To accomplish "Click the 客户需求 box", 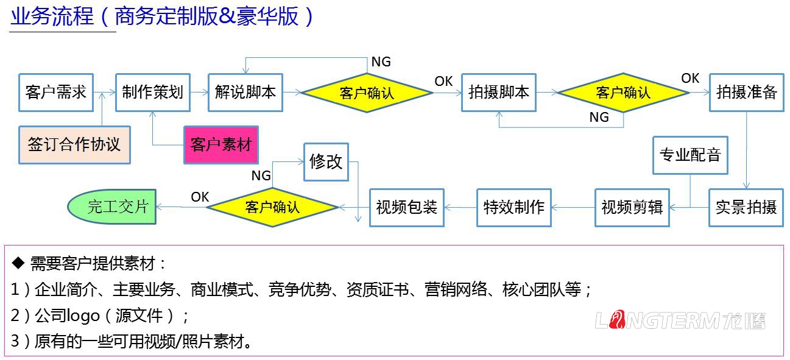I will tap(55, 93).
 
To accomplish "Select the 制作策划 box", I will tap(152, 93).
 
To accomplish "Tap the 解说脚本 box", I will tap(245, 93).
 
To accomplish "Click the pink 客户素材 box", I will tap(221, 145).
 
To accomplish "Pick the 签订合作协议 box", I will tap(74, 145).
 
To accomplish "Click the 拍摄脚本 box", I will tap(498, 93).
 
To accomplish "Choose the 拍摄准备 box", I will tap(746, 93).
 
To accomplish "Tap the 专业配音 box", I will tap(690, 155).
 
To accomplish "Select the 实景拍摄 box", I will tap(746, 208).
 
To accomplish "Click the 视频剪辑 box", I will tap(632, 208).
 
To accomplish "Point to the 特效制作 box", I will tap(513, 208).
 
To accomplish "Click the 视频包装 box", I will tap(406, 208).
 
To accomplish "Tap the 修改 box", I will tap(326, 162).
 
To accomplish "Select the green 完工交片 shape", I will tap(111, 206).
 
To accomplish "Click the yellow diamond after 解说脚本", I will tap(367, 93).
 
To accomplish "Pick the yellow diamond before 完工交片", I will tap(272, 207).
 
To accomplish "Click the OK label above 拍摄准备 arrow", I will tap(690, 79).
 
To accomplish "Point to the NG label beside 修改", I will tap(261, 176).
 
